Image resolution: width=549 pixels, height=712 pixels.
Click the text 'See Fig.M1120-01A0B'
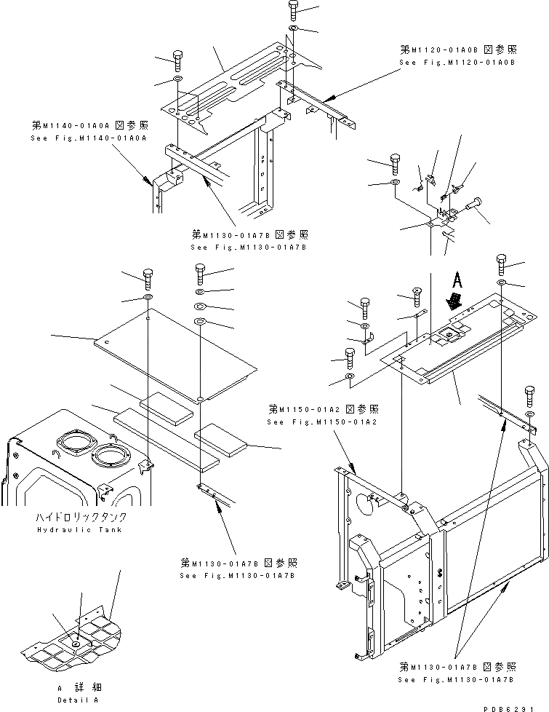pyautogui.click(x=457, y=63)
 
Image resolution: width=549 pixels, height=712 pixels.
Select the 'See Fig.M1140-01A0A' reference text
pyautogui.click(x=88, y=138)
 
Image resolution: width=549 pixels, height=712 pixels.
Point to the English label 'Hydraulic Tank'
pyautogui.click(x=80, y=529)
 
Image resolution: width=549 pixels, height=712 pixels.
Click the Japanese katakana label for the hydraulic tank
pyautogui.click(x=80, y=517)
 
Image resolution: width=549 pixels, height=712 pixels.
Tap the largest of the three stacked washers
pyautogui.click(x=201, y=321)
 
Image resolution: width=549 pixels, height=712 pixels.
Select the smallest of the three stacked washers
pyautogui.click(x=201, y=290)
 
